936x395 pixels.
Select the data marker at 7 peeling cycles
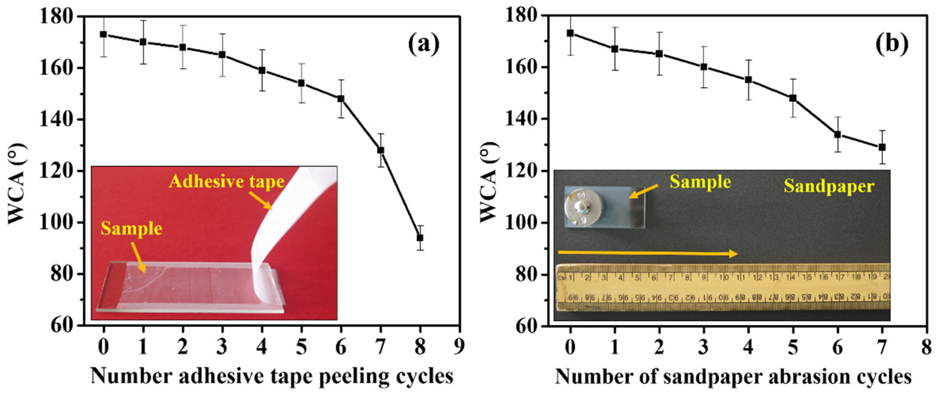(x=380, y=150)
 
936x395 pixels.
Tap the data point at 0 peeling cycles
(x=104, y=34)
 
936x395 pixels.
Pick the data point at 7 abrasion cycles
(x=882, y=147)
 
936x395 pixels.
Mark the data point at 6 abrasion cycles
(x=838, y=134)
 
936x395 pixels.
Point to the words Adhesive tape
(x=226, y=182)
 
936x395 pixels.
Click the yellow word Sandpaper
(x=829, y=186)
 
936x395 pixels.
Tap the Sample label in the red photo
(x=131, y=229)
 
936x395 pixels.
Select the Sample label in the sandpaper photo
(x=700, y=182)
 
